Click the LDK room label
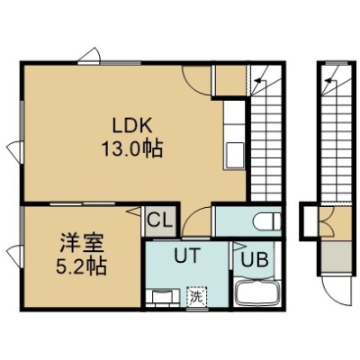(x=132, y=126)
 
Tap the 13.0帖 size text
(x=132, y=148)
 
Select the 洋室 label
(x=82, y=243)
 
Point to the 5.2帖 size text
(x=82, y=266)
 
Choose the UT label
(x=187, y=256)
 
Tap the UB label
(x=255, y=259)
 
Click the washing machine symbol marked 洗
(x=196, y=297)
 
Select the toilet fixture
(x=266, y=222)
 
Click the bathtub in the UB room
(x=257, y=293)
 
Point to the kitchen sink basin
(x=235, y=156)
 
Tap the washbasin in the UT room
(x=162, y=298)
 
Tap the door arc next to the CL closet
(x=195, y=220)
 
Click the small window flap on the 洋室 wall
(x=15, y=256)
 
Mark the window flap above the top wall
(x=88, y=56)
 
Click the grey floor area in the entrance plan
(x=336, y=258)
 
